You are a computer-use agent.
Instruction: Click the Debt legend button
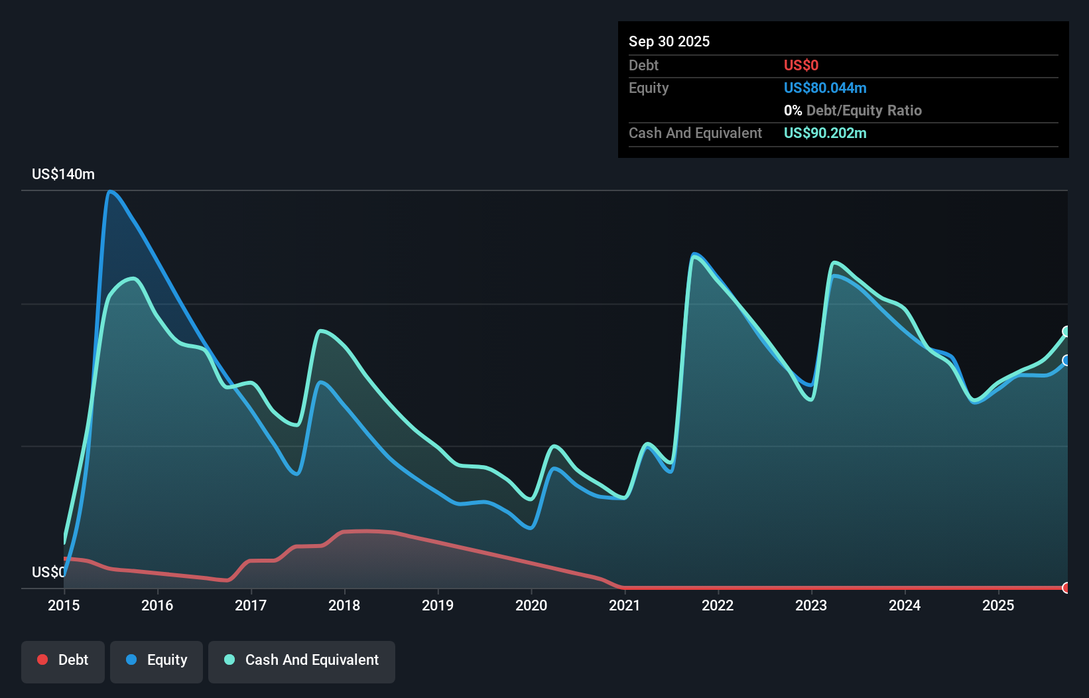pyautogui.click(x=62, y=660)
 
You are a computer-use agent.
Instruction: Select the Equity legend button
pyautogui.click(x=157, y=660)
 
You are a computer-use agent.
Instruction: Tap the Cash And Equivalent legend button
pyautogui.click(x=302, y=660)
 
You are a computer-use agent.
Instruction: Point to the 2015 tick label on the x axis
pyautogui.click(x=64, y=605)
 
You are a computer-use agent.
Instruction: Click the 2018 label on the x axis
pyautogui.click(x=344, y=605)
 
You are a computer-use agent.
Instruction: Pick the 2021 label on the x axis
pyautogui.click(x=625, y=605)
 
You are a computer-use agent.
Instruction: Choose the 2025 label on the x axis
pyautogui.click(x=998, y=605)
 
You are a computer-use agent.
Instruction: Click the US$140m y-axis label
pyautogui.click(x=63, y=174)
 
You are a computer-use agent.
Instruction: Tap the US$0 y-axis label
pyautogui.click(x=48, y=572)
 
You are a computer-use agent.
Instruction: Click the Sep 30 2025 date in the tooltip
pyautogui.click(x=669, y=41)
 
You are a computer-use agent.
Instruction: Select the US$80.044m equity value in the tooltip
pyautogui.click(x=825, y=88)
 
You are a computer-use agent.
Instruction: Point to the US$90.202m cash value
pyautogui.click(x=825, y=133)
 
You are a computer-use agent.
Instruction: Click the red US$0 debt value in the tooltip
pyautogui.click(x=801, y=65)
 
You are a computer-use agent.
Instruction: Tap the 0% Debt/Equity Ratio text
pyautogui.click(x=852, y=110)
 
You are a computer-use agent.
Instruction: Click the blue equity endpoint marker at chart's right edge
pyautogui.click(x=1066, y=360)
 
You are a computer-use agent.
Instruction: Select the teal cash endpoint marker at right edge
pyautogui.click(x=1066, y=331)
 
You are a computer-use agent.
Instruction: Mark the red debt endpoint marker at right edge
pyautogui.click(x=1066, y=587)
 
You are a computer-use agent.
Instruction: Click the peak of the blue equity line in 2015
pyautogui.click(x=110, y=192)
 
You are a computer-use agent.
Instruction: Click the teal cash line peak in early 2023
pyautogui.click(x=834, y=263)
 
